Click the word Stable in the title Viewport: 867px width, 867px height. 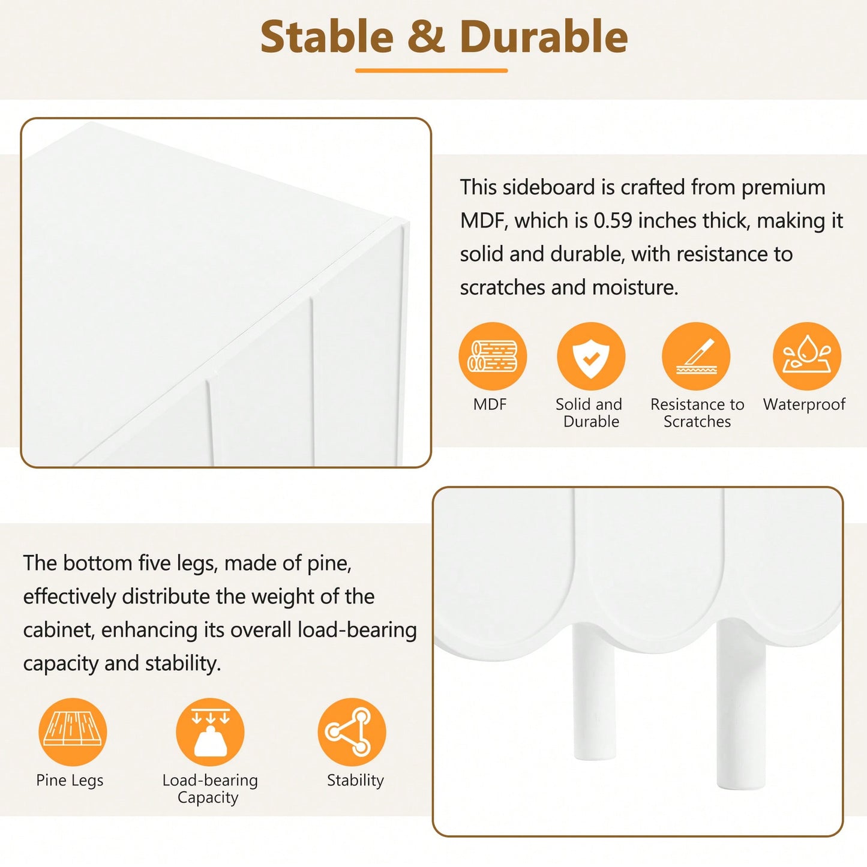click(327, 37)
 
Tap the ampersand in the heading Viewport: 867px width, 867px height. click(426, 37)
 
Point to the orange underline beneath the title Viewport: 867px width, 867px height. click(431, 71)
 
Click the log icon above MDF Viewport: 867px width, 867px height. click(493, 356)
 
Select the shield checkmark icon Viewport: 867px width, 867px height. click(591, 356)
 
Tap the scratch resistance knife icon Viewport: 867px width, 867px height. click(697, 356)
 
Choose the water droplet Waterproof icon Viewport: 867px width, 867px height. click(807, 356)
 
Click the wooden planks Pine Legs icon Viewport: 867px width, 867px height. click(73, 732)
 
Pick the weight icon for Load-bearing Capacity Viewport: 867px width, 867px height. click(210, 732)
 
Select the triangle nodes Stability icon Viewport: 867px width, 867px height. click(352, 732)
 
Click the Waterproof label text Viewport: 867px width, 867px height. click(804, 405)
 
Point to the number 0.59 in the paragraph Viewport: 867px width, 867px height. click(613, 220)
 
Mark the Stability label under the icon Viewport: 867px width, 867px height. click(355, 780)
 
